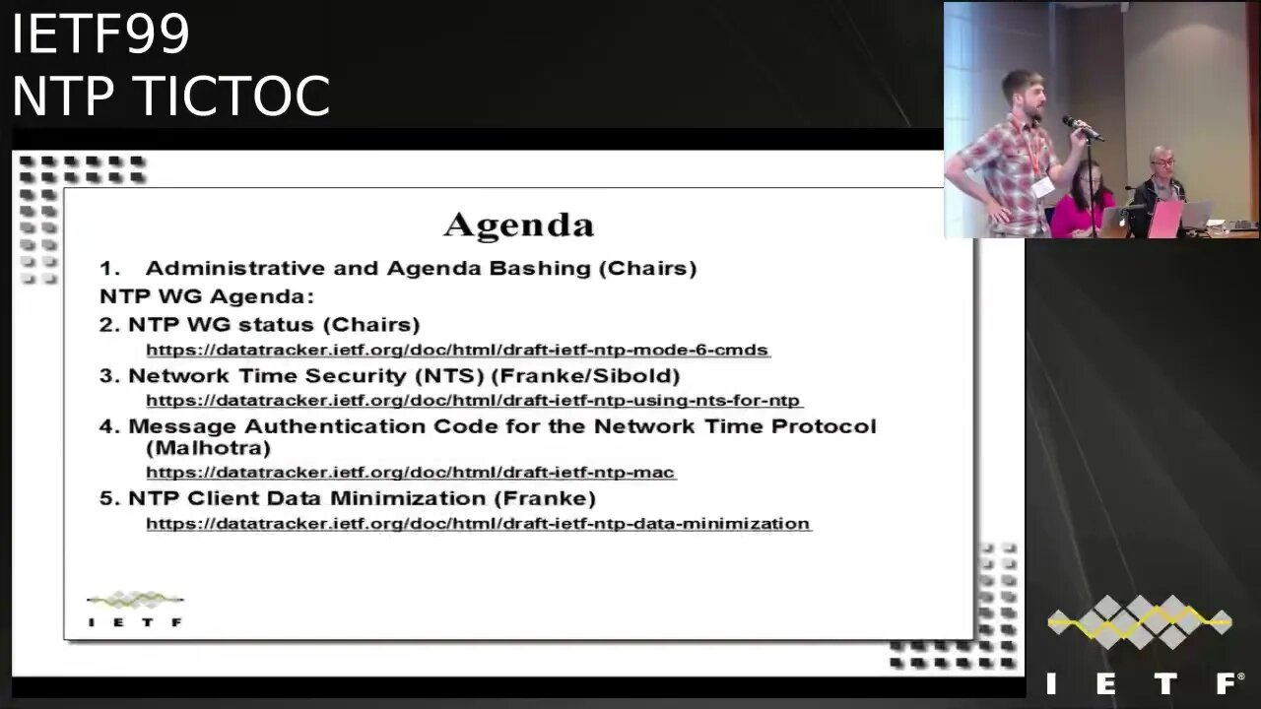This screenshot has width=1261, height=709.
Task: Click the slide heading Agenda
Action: tap(518, 226)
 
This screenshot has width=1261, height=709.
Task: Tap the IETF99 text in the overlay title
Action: tap(100, 33)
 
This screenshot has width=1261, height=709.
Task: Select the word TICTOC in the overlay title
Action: tap(233, 96)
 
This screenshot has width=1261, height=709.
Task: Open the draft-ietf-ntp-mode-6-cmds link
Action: tap(458, 350)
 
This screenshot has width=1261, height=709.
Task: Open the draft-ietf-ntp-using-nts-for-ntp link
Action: tap(474, 401)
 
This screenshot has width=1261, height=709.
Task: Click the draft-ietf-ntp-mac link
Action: tap(411, 472)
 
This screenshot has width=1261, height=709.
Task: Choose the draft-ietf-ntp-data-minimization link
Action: tap(479, 523)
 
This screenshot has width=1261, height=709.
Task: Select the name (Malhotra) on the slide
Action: tap(208, 448)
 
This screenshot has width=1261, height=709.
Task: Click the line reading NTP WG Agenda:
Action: tap(207, 296)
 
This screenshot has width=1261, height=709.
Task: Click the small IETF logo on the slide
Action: tap(135, 609)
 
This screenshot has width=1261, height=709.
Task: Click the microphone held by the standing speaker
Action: tap(1082, 128)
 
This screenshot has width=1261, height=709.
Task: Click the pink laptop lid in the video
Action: tap(1164, 220)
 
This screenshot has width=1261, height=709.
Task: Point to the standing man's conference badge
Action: tap(1042, 187)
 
